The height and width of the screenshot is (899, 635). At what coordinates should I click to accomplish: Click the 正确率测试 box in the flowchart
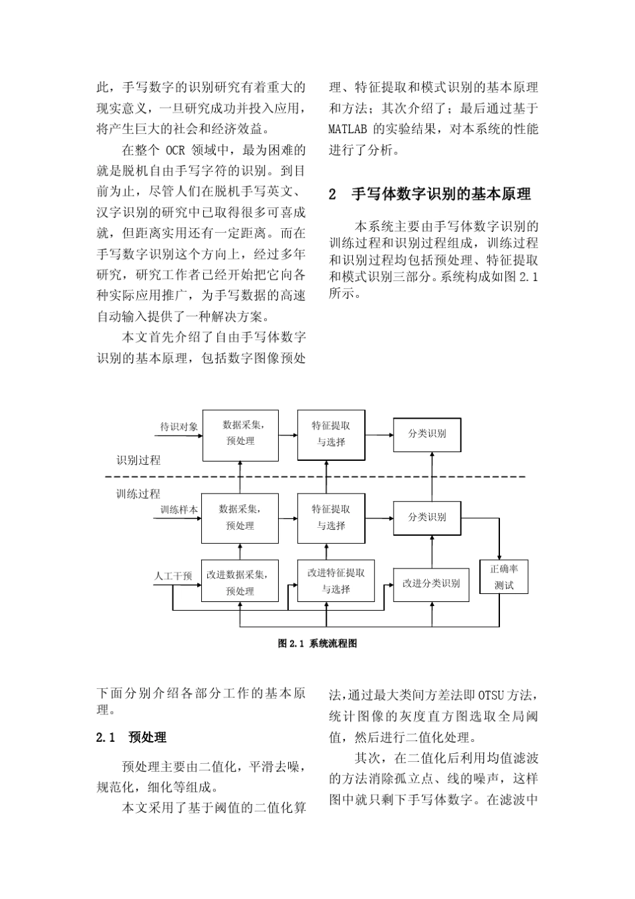click(504, 577)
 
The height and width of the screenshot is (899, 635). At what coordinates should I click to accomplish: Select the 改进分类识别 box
click(431, 583)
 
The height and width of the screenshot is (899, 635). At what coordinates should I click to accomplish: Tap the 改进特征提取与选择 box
click(336, 581)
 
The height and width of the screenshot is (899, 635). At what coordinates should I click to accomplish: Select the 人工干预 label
click(173, 575)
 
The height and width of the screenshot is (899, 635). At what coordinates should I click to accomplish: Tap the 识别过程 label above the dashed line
click(138, 460)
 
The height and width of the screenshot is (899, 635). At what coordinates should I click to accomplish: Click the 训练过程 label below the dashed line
click(138, 494)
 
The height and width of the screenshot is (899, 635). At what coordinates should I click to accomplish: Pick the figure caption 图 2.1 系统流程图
click(317, 643)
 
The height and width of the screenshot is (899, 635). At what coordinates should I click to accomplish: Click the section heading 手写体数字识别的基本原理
click(441, 194)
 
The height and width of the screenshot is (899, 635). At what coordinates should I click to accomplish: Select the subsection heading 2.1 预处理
click(132, 737)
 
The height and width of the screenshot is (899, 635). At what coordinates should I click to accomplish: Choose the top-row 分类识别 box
click(427, 433)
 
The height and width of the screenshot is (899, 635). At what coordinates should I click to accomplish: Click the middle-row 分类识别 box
click(427, 517)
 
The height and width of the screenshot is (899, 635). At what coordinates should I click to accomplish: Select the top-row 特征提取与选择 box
click(331, 434)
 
